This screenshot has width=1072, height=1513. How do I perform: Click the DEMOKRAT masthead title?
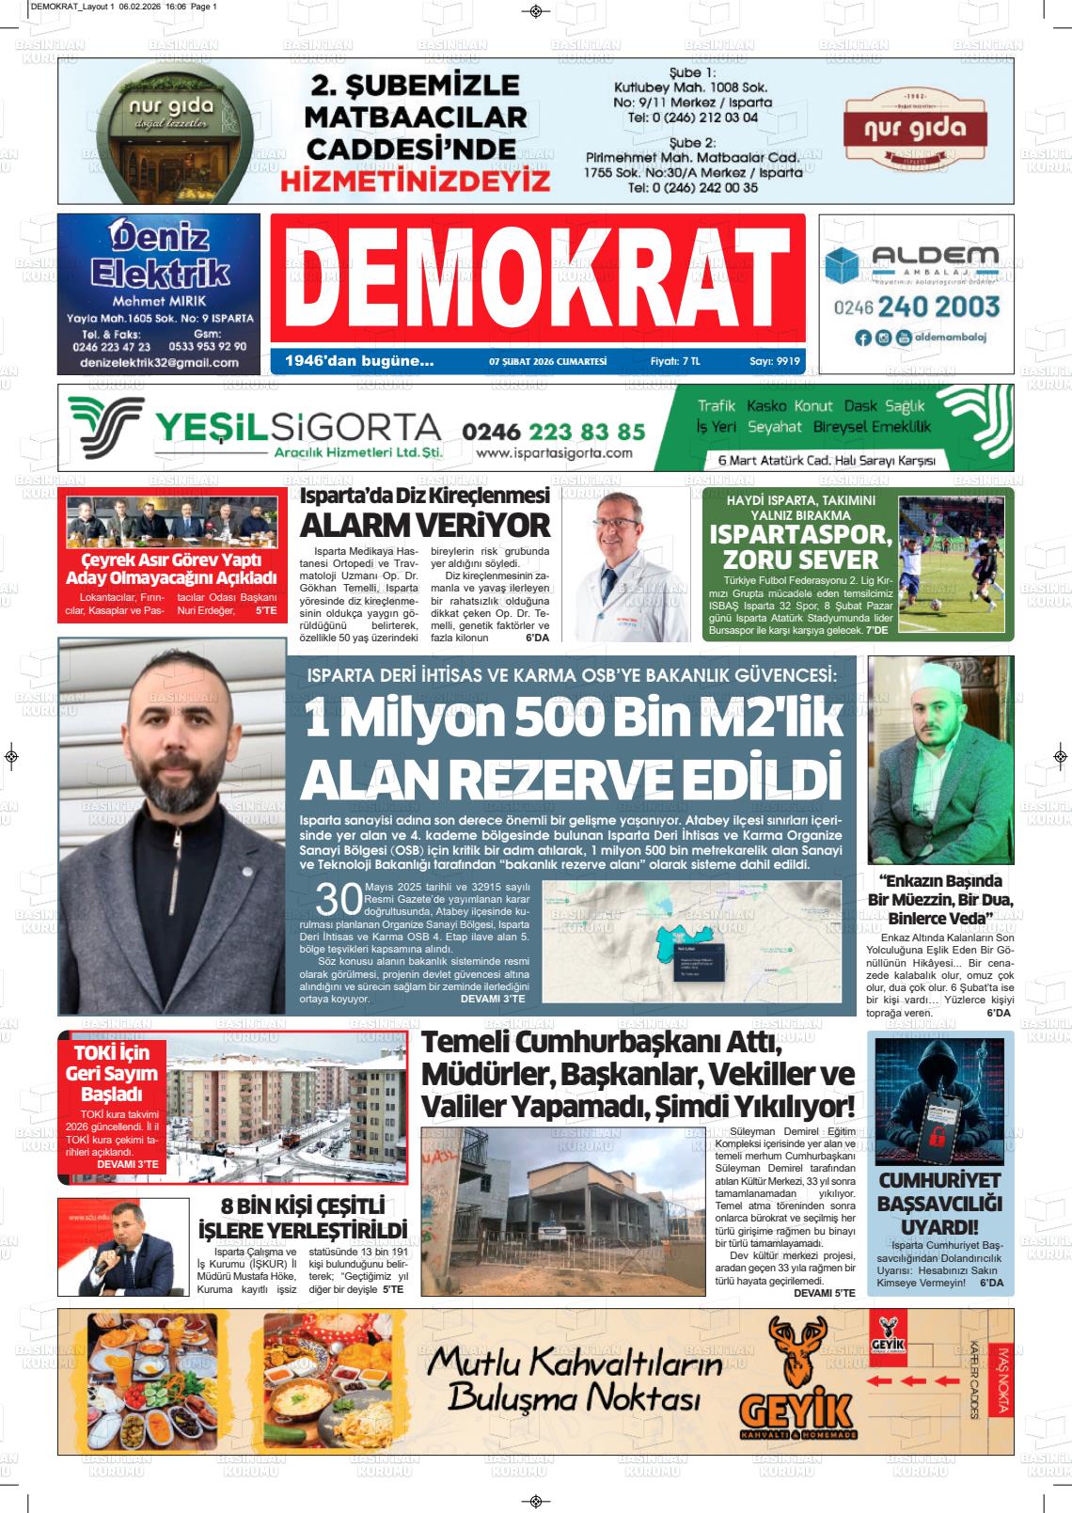pos(537,278)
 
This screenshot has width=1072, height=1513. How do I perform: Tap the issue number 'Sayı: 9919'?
pos(775,360)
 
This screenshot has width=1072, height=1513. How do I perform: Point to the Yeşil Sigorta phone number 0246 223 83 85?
pos(554,432)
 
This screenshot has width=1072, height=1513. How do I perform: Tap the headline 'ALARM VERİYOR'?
pos(424,524)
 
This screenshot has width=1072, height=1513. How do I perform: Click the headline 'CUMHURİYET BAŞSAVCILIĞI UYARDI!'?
pos(926,1205)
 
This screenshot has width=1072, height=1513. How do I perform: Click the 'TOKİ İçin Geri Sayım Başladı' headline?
pos(112,1073)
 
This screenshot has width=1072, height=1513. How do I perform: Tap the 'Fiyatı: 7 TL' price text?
pos(675,360)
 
